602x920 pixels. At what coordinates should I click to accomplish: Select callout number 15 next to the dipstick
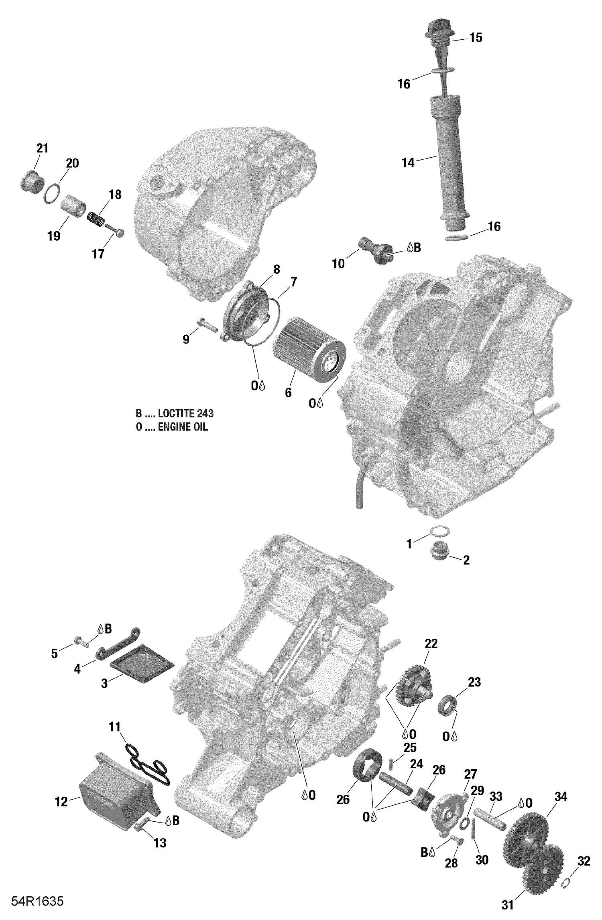pyautogui.click(x=476, y=38)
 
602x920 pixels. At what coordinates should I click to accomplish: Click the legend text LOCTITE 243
pyautogui.click(x=185, y=413)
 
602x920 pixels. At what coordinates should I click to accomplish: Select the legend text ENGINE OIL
pyautogui.click(x=183, y=427)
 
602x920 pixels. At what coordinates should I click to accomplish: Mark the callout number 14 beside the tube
pyautogui.click(x=408, y=163)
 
